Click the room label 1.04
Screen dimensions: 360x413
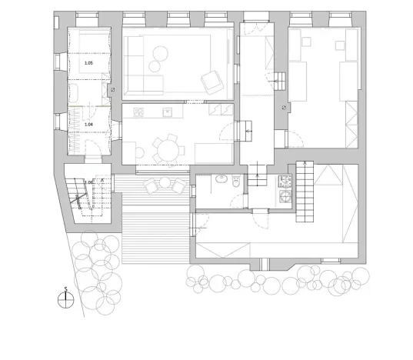click(x=88, y=124)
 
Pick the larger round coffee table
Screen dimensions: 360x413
click(x=160, y=52)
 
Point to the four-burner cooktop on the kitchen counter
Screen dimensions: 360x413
click(x=139, y=112)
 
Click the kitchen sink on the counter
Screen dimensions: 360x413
click(x=166, y=112)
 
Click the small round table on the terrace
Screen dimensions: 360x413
click(x=163, y=183)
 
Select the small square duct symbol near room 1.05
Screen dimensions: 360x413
click(x=113, y=90)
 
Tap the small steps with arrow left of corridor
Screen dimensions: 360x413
click(x=248, y=131)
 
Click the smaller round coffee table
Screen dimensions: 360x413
click(x=152, y=64)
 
